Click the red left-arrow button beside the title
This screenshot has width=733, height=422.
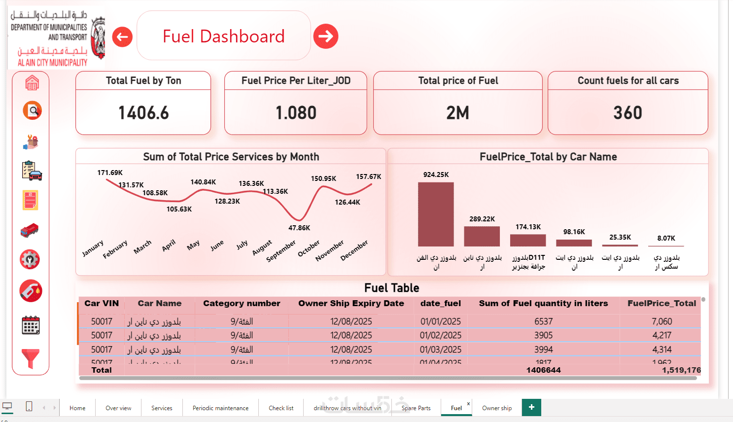122,36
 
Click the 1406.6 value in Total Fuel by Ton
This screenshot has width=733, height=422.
143,113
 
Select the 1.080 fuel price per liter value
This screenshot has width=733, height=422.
296,113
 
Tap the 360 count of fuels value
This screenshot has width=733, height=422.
628,113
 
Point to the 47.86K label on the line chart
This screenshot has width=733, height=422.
299,228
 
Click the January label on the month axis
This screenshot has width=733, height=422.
93,248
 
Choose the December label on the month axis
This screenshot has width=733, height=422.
354,250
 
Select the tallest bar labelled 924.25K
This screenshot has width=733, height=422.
436,214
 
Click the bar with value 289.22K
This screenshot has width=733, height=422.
482,236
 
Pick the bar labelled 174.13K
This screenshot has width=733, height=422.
528,240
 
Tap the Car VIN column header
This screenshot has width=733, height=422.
102,304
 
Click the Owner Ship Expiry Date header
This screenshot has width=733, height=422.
351,304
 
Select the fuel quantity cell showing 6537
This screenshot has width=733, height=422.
543,321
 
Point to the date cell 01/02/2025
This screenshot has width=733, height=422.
441,335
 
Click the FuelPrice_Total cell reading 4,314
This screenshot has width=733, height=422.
662,350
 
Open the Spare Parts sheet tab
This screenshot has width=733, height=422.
416,408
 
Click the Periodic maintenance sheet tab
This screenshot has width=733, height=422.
220,408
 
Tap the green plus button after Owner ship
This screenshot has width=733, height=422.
531,407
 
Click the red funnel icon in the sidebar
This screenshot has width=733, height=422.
31,358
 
